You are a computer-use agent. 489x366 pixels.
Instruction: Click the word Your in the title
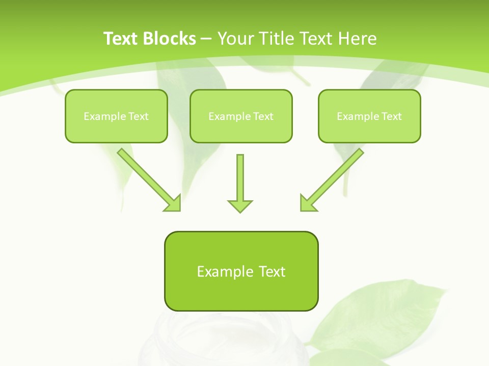point(233,39)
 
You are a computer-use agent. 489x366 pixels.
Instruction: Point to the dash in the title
point(206,39)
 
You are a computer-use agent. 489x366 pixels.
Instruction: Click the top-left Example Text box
point(116,116)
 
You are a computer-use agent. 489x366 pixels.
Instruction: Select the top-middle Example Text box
point(241,116)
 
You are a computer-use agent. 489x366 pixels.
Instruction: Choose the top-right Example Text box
point(369,116)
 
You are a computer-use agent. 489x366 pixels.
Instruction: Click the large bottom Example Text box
point(241,271)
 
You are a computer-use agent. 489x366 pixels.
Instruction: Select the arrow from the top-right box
point(334,177)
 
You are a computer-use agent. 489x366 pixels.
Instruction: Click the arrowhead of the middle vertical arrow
point(240,205)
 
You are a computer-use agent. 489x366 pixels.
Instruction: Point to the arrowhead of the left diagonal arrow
point(174,203)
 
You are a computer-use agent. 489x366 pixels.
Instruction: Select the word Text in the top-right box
point(391,116)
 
